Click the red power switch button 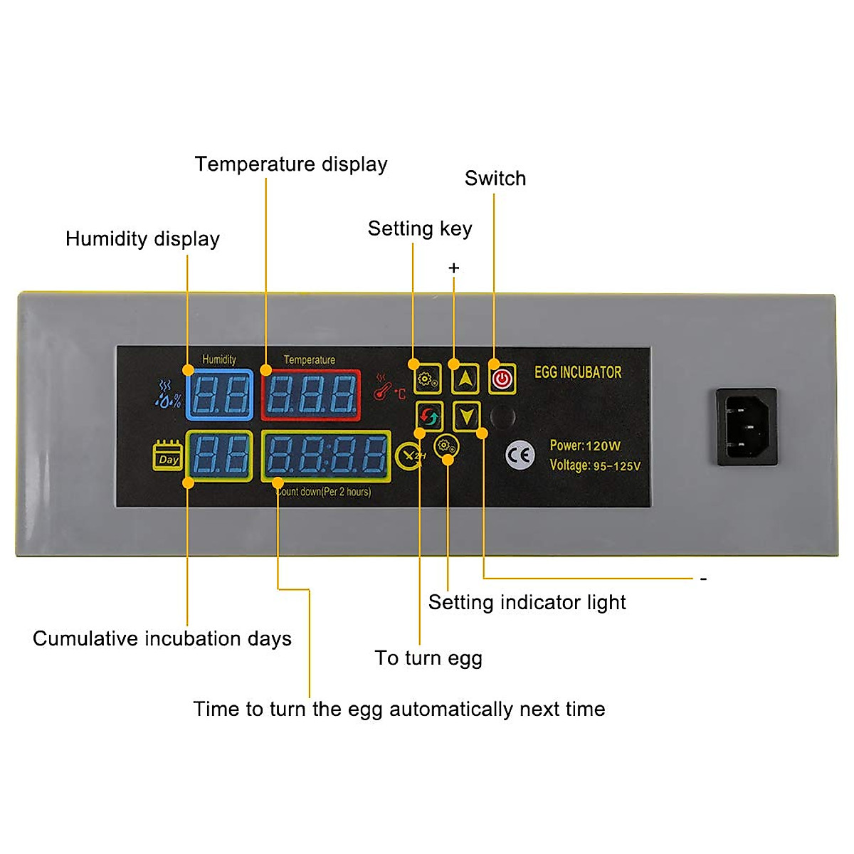502,379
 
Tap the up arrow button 465,379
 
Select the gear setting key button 428,379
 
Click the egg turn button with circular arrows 429,416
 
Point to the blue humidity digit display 219,395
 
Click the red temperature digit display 311,395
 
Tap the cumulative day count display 219,455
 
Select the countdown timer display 327,455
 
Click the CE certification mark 520,455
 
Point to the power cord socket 746,426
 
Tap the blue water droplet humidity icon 168,395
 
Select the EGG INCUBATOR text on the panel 578,372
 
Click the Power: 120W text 585,446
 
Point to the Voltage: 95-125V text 595,465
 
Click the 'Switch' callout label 495,179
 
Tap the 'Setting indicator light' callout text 527,603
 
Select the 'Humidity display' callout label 142,239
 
